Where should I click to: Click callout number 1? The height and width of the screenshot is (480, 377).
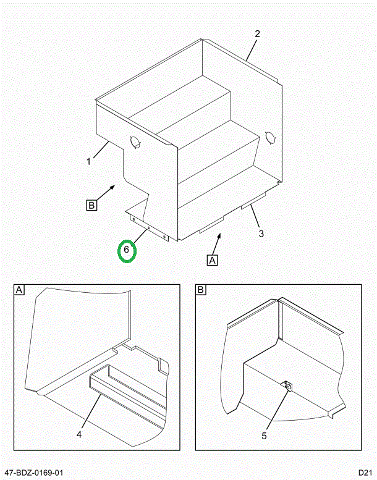[89, 162]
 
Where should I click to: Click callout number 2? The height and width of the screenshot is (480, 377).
[258, 33]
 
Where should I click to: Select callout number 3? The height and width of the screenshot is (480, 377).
[261, 234]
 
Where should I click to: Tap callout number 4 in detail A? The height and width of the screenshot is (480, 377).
[79, 435]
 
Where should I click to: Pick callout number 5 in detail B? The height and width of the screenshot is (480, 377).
[264, 436]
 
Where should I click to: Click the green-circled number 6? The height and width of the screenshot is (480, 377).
[127, 250]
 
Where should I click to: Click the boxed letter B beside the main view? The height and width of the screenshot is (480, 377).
[91, 205]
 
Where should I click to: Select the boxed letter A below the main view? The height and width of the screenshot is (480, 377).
[213, 260]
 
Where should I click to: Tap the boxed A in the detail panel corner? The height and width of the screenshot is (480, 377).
[19, 290]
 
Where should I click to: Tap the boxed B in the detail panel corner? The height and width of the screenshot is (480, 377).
[200, 290]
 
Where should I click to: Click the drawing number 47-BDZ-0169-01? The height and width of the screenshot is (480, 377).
[35, 472]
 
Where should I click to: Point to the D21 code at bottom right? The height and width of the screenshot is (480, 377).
[364, 472]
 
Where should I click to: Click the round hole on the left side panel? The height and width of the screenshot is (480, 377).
[134, 142]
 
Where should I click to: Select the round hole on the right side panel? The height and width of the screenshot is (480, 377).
[269, 137]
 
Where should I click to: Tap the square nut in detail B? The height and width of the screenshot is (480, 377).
[288, 387]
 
